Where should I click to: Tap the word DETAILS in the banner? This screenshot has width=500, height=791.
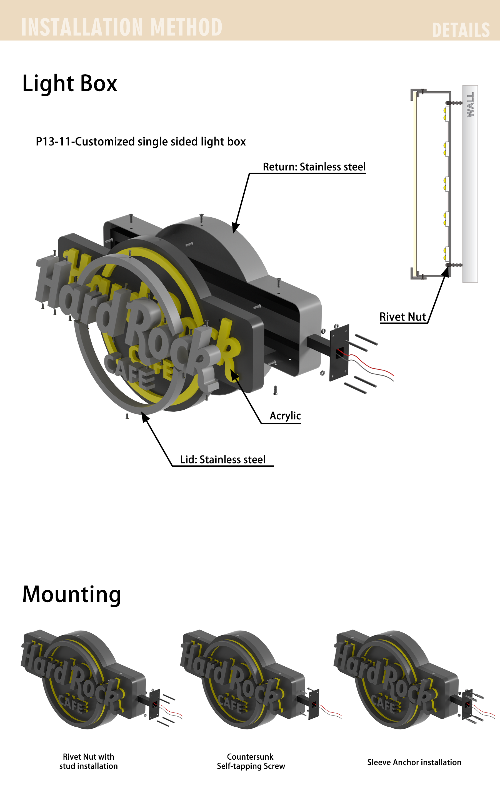click(461, 30)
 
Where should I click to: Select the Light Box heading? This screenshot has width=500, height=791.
click(70, 84)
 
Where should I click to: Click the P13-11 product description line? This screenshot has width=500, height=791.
click(141, 142)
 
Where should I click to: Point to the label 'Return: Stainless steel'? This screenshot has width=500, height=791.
click(314, 167)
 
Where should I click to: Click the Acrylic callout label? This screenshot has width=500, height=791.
click(285, 416)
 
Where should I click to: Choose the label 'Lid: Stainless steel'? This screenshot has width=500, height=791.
click(223, 460)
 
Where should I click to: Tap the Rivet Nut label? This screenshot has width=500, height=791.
click(403, 317)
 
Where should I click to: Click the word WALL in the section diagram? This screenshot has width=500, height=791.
click(470, 104)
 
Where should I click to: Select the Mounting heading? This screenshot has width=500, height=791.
click(72, 594)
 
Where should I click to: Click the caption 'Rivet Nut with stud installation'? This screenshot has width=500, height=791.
click(88, 761)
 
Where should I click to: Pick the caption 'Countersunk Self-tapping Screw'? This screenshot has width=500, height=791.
click(251, 761)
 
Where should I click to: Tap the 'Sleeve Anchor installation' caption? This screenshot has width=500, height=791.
click(414, 762)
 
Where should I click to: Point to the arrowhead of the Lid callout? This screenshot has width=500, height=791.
click(145, 417)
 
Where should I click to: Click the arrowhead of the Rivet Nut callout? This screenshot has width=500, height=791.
click(446, 272)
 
